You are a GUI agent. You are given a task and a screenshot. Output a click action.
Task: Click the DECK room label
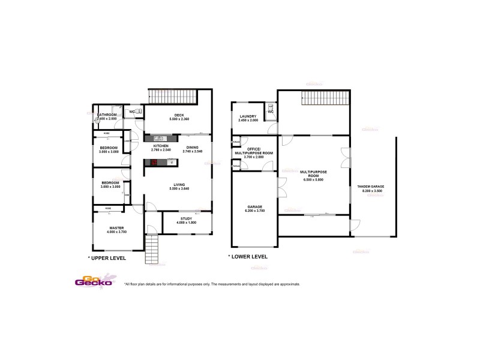[x=178, y=115]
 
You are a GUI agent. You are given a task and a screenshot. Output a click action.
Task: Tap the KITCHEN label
[x=160, y=147]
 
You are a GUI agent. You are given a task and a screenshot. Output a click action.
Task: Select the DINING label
[x=192, y=147]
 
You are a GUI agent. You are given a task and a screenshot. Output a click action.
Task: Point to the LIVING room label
[x=178, y=184]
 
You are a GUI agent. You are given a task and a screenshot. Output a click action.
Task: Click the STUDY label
[x=186, y=218]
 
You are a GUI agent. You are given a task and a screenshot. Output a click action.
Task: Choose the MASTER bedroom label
[x=116, y=227]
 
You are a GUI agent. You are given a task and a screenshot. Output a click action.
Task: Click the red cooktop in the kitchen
[x=154, y=162]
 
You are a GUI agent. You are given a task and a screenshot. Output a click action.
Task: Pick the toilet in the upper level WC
[x=139, y=111]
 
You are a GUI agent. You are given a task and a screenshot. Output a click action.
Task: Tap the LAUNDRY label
[x=248, y=116]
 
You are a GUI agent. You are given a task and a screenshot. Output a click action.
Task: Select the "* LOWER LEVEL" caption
[x=248, y=257]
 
